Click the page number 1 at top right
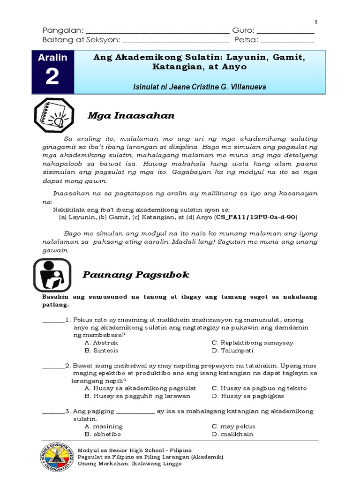point(315,22)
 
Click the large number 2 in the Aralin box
point(52,77)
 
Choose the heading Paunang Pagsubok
point(136,275)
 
